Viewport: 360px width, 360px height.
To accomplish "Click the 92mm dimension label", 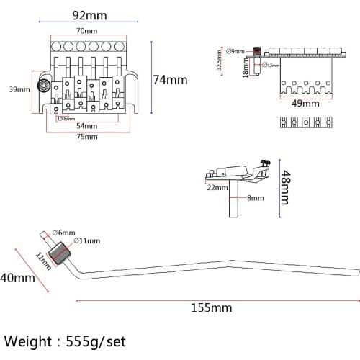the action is tap(89, 15).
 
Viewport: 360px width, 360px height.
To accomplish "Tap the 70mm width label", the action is tap(87, 31).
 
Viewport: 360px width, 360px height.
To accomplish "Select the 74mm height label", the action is tap(171, 80).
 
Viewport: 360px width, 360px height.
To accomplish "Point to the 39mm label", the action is tap(19, 89).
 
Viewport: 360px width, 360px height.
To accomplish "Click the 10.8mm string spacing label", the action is tap(66, 119).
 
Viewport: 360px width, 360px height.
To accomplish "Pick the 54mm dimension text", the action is tap(87, 126).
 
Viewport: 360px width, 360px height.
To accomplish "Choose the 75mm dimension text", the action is tap(87, 137).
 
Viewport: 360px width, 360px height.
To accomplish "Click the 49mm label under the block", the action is tap(305, 103).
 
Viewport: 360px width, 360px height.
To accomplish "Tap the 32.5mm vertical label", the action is tap(219, 60).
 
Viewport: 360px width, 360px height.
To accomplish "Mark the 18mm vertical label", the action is tap(246, 68).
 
